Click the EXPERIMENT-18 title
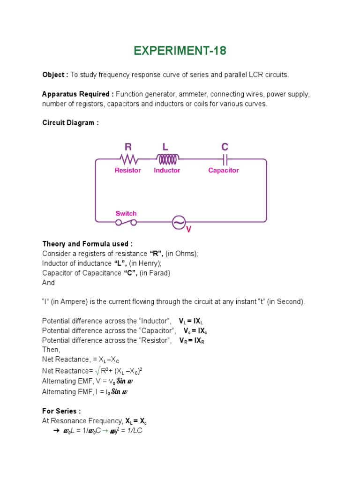coord(180,51)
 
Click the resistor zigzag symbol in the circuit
coord(127,158)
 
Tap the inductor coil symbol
coord(167,158)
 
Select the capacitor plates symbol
coord(225,158)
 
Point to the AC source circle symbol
coord(179,222)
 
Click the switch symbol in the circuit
coord(126,222)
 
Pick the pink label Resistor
coord(127,171)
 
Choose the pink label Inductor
coord(167,171)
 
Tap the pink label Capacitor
coord(224,171)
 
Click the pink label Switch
coord(126,214)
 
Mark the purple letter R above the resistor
coord(128,147)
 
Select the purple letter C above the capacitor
coord(225,147)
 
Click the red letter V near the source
coord(189,230)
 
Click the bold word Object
coord(55,75)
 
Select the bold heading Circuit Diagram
coord(70,123)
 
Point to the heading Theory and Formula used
coord(87,244)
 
